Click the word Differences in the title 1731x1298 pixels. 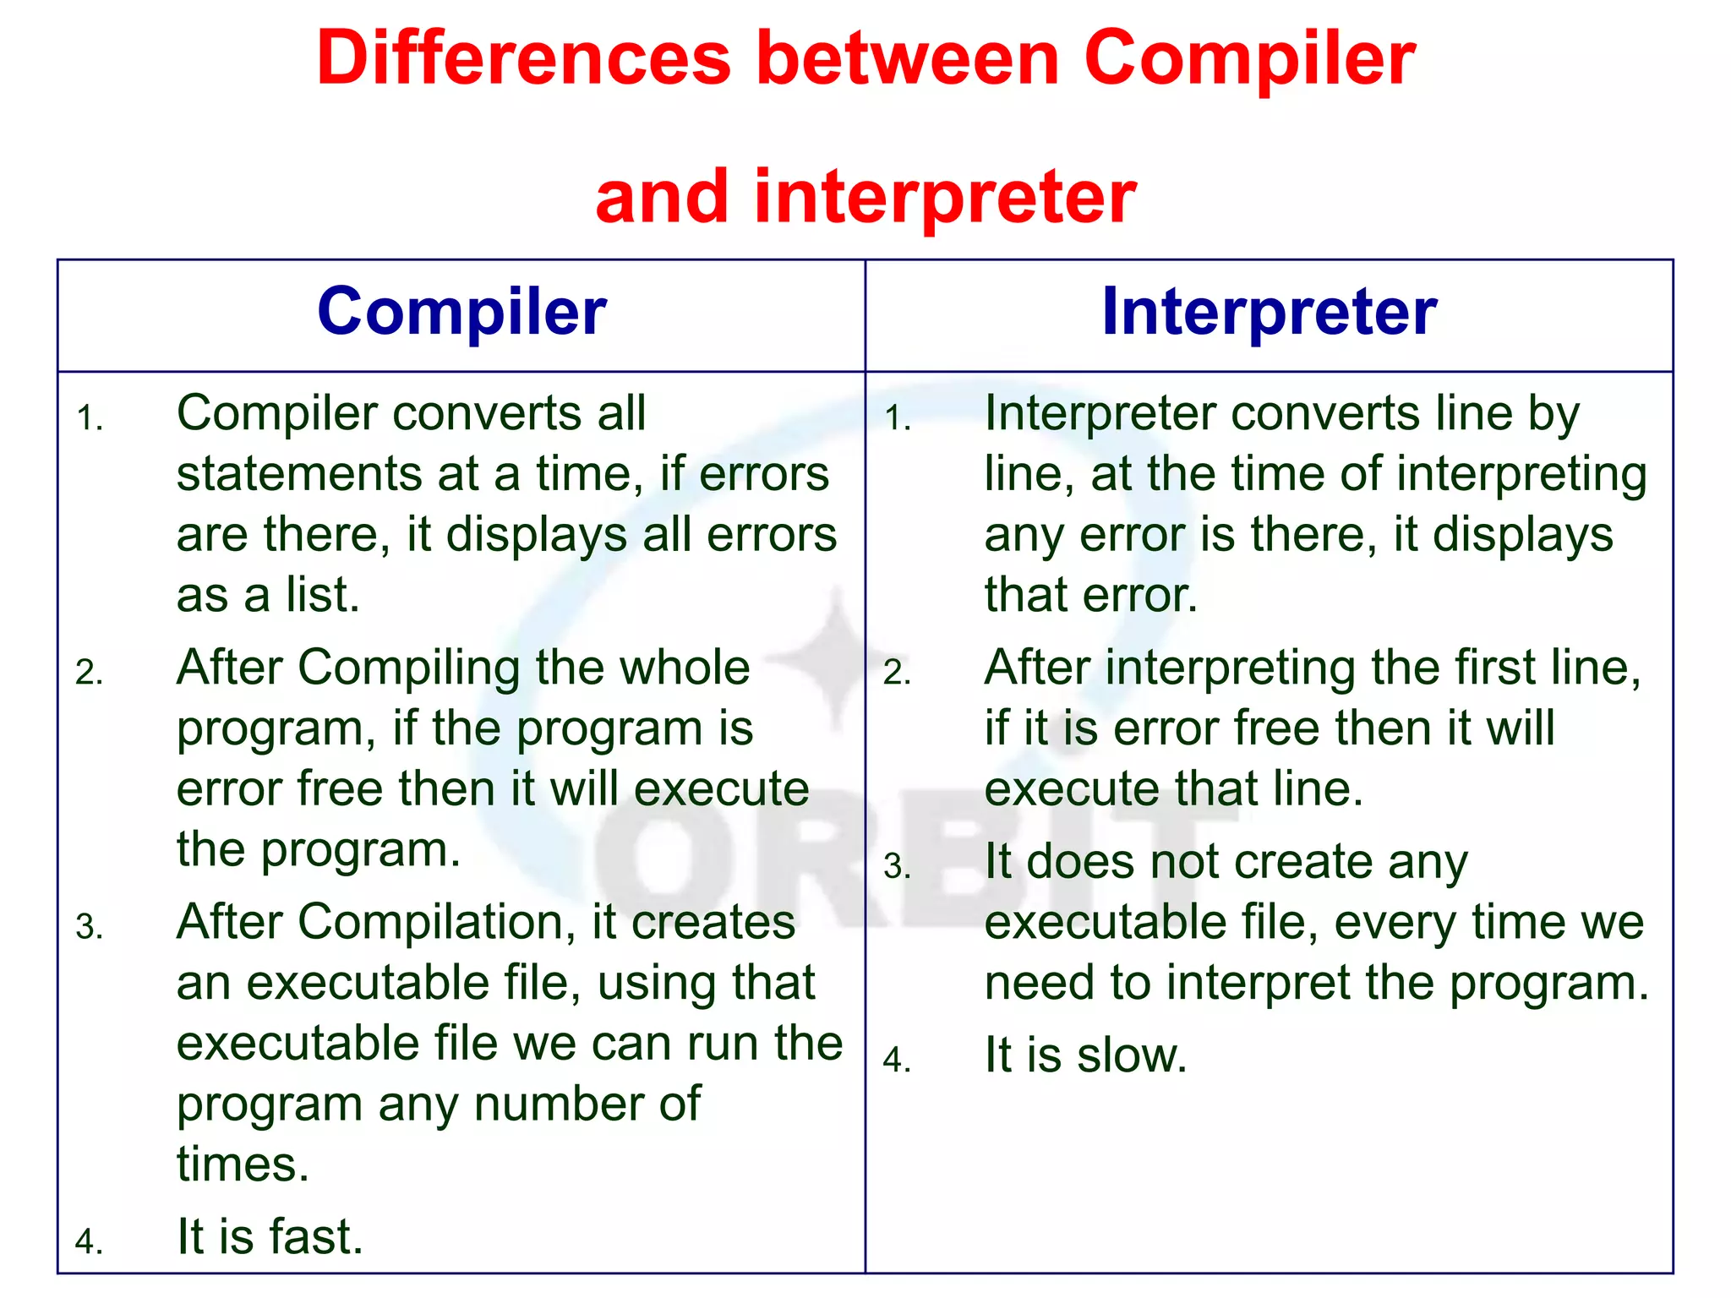click(523, 59)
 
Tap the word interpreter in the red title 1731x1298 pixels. click(945, 197)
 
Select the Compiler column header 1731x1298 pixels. click(461, 312)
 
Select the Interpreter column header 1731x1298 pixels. click(1269, 312)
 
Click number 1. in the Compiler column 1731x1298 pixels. click(90, 418)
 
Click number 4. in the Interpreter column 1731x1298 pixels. click(897, 1060)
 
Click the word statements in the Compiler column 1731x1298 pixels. click(301, 474)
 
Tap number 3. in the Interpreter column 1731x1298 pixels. click(897, 867)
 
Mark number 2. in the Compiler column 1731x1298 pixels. click(90, 674)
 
